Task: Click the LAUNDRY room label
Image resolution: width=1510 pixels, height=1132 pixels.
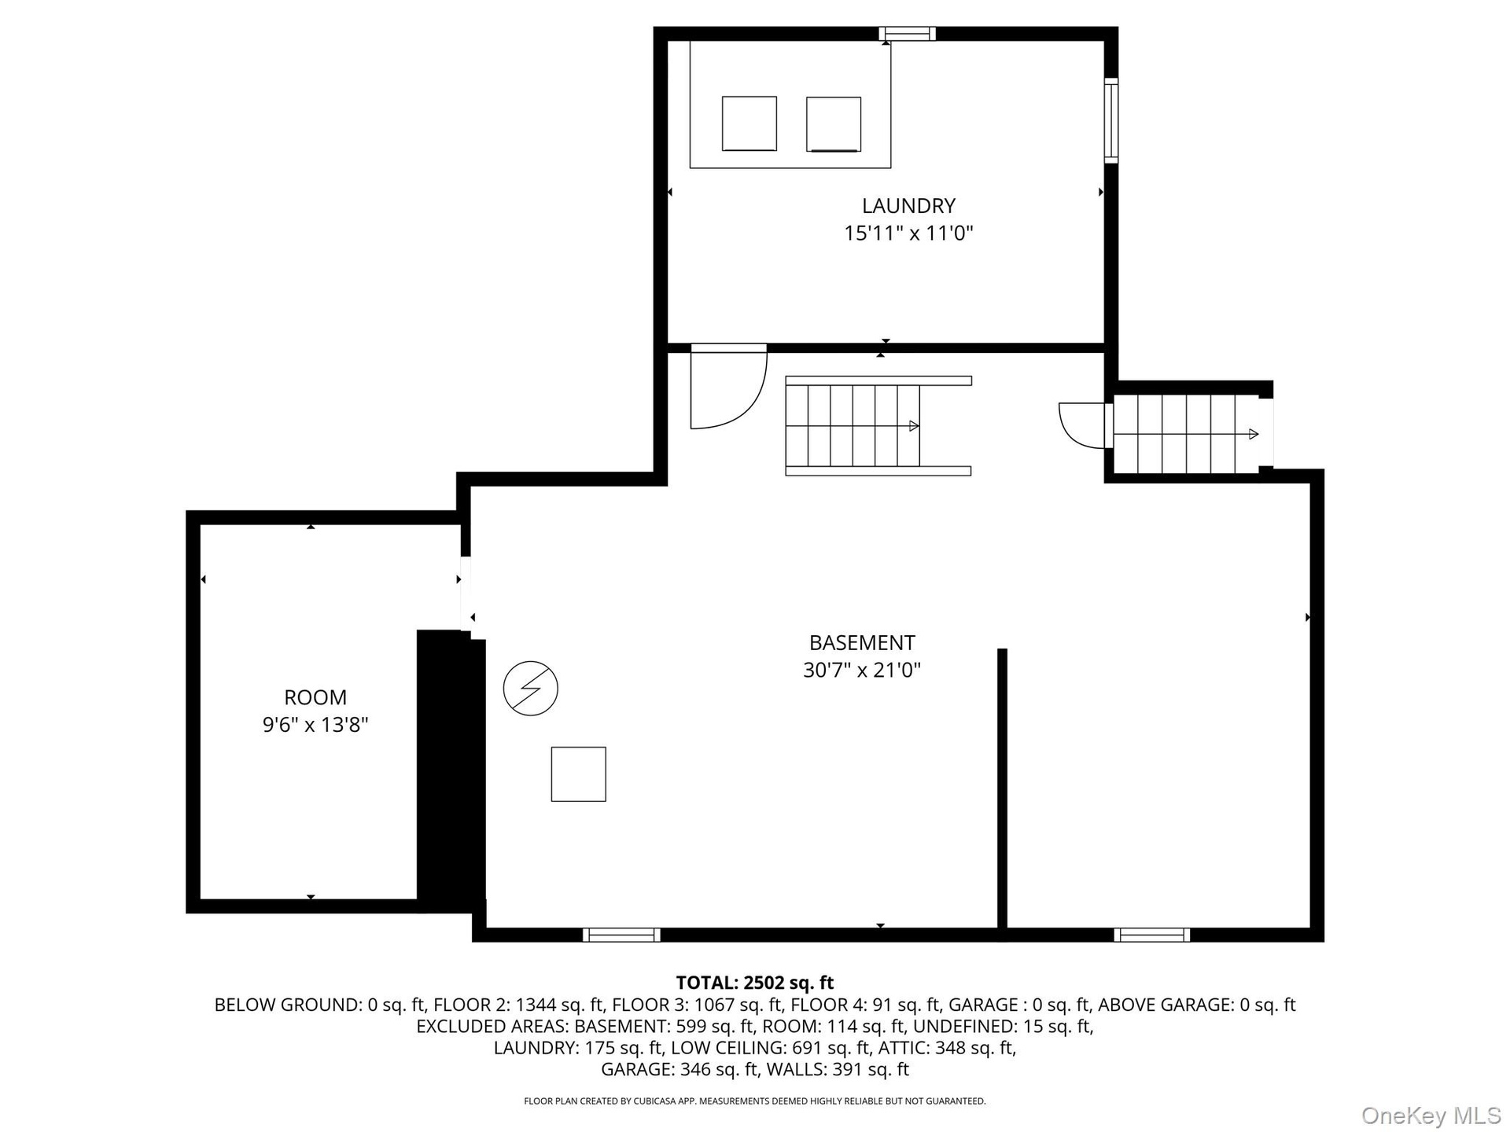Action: pyautogui.click(x=908, y=206)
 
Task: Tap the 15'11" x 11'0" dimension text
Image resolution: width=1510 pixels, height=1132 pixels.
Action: pyautogui.click(x=908, y=233)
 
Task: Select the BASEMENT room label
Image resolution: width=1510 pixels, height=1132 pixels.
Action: pyautogui.click(x=862, y=643)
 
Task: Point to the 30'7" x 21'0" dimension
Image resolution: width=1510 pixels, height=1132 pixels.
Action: pyautogui.click(x=862, y=671)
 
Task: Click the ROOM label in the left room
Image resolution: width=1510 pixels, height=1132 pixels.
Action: pyautogui.click(x=315, y=697)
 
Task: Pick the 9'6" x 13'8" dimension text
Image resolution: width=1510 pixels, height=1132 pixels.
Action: pyautogui.click(x=315, y=725)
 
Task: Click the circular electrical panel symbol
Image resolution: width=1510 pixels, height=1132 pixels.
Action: pyautogui.click(x=531, y=689)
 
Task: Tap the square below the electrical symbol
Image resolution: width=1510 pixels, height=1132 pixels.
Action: pyautogui.click(x=579, y=774)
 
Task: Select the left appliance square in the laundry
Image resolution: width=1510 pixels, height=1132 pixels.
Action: pyautogui.click(x=749, y=123)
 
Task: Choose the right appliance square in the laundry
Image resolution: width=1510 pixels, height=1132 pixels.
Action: pyautogui.click(x=834, y=124)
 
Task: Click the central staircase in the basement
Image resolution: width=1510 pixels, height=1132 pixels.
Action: pyautogui.click(x=878, y=426)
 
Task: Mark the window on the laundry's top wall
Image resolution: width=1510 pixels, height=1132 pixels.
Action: pyautogui.click(x=908, y=34)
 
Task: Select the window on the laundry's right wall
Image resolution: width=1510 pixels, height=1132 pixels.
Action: pyautogui.click(x=1111, y=121)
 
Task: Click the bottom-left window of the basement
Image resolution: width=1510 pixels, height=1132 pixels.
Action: pyautogui.click(x=621, y=935)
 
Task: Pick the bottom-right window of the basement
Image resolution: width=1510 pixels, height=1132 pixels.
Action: pyautogui.click(x=1152, y=935)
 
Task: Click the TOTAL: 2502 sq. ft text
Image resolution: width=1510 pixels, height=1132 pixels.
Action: pyautogui.click(x=755, y=983)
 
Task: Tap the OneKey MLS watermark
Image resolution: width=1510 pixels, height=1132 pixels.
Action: pyautogui.click(x=1431, y=1115)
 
